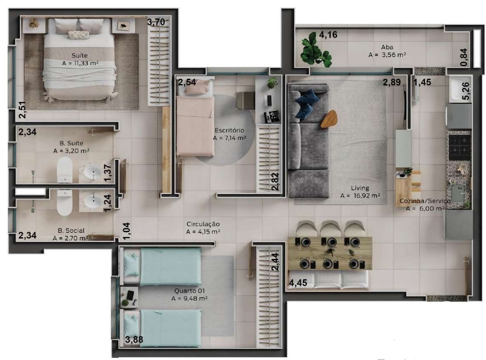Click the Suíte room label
click(79, 56)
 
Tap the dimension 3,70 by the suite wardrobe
click(156, 22)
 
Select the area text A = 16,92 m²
click(360, 196)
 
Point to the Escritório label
click(230, 130)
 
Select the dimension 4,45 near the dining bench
click(298, 283)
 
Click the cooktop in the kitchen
click(460, 146)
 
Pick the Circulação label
click(203, 224)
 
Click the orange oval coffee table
click(329, 119)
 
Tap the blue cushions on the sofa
click(306, 104)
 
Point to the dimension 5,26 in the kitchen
click(466, 91)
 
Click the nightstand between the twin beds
click(129, 297)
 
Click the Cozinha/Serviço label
click(425, 201)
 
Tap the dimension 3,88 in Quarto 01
click(134, 339)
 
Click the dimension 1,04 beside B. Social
click(127, 231)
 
